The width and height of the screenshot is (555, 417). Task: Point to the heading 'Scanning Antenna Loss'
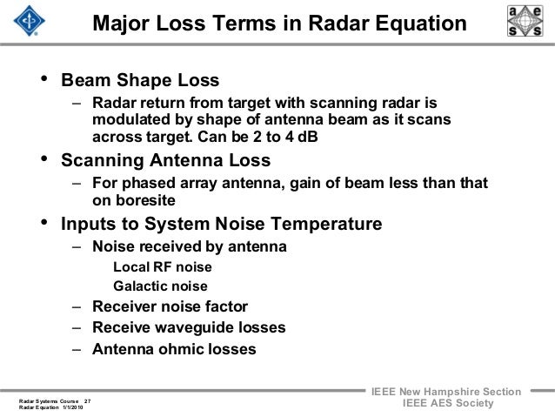165,161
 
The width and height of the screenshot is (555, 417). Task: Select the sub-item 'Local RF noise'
163,267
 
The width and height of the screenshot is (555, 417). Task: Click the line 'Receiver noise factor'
169,307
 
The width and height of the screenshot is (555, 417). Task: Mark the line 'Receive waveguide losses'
187,328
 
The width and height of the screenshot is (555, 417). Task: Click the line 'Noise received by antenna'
189,247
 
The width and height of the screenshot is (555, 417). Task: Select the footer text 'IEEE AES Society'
447,407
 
